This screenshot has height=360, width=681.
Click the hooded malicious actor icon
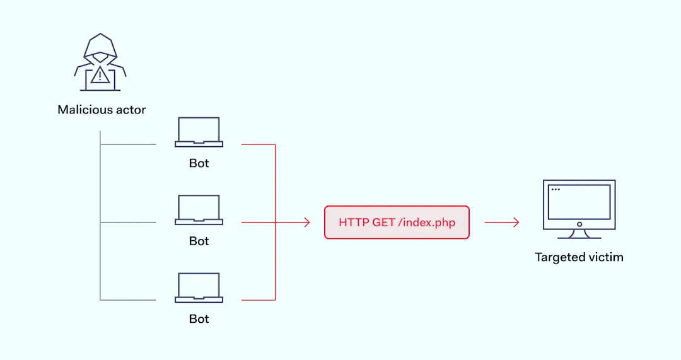point(100,62)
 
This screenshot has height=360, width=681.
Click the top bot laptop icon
point(199,132)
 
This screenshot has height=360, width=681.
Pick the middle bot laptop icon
point(199,210)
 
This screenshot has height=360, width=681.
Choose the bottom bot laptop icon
point(199,287)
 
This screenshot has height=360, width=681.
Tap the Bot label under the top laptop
point(199,163)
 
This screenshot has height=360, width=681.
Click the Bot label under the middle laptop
point(199,241)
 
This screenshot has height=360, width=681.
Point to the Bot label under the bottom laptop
point(199,319)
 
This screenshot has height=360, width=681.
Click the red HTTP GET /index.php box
point(397,223)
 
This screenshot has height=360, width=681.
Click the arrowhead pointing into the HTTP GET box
point(307,223)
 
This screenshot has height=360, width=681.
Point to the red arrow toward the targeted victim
point(502,223)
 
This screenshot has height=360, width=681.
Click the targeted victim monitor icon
point(579,209)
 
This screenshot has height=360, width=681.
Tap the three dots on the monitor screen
point(556,189)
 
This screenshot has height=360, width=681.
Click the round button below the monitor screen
point(579,224)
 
